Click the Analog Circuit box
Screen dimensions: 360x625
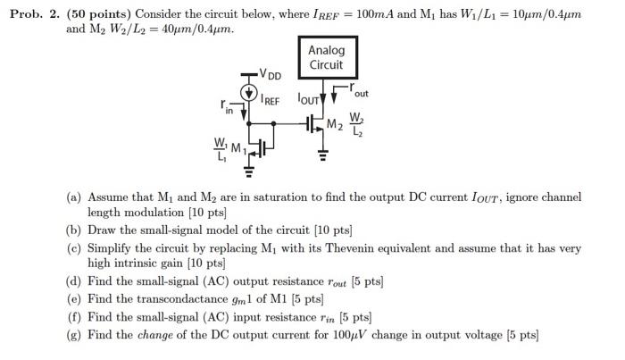pyautogui.click(x=326, y=58)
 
